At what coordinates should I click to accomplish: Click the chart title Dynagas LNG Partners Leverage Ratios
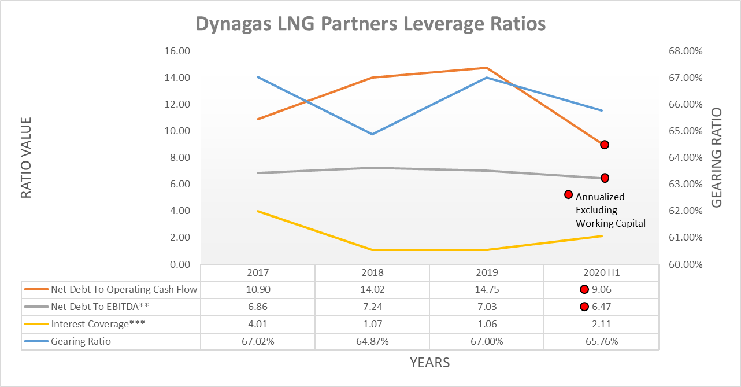click(370, 24)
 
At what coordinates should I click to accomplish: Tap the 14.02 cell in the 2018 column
click(372, 290)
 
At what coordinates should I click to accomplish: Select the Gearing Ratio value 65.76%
click(601, 341)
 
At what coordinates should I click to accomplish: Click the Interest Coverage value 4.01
click(258, 324)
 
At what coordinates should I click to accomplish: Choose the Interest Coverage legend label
click(98, 324)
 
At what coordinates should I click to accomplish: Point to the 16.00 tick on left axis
click(178, 51)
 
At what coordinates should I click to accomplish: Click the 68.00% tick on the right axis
click(685, 51)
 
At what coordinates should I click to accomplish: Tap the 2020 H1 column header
click(601, 272)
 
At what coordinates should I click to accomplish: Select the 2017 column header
click(258, 272)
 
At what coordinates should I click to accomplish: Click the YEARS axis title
click(429, 363)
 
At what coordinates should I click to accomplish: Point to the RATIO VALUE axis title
click(26, 158)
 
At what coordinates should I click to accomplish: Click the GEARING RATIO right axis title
click(716, 158)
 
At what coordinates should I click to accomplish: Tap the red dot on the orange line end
click(604, 145)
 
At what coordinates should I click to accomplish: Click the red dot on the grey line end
click(605, 178)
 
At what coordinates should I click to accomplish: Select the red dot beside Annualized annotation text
click(568, 195)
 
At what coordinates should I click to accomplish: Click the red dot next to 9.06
click(584, 290)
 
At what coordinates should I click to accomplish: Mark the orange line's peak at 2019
click(487, 68)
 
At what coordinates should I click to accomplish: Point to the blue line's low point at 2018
click(372, 134)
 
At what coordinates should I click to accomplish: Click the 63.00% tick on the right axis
click(685, 185)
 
